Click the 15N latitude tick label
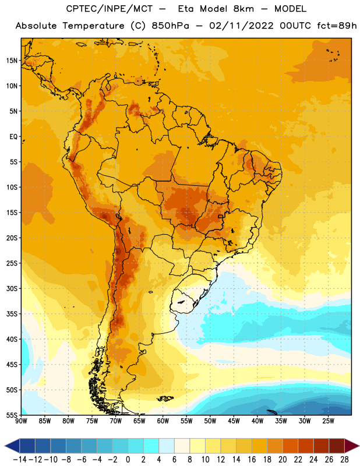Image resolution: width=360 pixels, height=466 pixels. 12,61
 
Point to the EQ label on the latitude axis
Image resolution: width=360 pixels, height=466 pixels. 13,137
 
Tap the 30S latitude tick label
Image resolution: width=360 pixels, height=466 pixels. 12,288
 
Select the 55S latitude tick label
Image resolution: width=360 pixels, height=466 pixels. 12,415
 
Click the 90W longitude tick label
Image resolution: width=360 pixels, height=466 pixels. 21,421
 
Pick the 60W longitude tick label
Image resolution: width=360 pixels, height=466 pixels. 163,421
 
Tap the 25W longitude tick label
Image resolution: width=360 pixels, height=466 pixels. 328,421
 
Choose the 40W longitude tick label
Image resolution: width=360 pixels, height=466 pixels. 257,421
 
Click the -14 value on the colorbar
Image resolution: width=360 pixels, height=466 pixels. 20,460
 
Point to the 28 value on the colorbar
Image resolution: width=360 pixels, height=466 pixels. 344,460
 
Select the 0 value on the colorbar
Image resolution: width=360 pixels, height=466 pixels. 128,460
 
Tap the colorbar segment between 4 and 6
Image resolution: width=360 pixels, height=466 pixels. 167,446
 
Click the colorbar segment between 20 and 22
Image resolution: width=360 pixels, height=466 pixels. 290,446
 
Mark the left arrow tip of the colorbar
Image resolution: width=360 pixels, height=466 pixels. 5,446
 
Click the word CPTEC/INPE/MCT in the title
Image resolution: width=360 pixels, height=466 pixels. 109,9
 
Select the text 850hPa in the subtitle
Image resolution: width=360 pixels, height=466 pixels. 170,26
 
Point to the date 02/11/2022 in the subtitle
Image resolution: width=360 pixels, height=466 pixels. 241,26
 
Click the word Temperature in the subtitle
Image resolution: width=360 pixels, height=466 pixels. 93,26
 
